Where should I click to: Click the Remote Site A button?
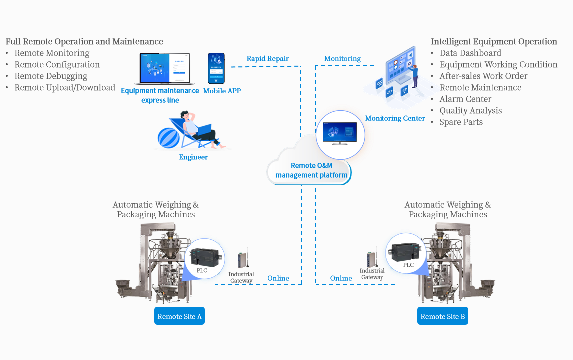point(180,316)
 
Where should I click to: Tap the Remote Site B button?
point(442,316)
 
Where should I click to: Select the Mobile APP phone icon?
point(216,68)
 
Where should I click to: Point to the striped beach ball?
point(168,138)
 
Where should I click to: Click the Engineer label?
point(193,157)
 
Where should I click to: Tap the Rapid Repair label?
point(267,58)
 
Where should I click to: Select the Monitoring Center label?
point(395,118)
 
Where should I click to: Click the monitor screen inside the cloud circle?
point(340,133)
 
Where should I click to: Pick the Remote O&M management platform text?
point(311,170)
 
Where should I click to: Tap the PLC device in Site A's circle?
point(207,257)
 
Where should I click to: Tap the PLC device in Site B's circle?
point(405,251)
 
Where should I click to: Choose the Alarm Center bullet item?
point(465,99)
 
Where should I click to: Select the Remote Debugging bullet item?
point(51,76)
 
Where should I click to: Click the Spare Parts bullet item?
point(461,122)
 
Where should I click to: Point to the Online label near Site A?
point(278,278)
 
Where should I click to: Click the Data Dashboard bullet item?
point(470,53)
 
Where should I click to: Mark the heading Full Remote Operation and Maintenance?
point(84,42)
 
